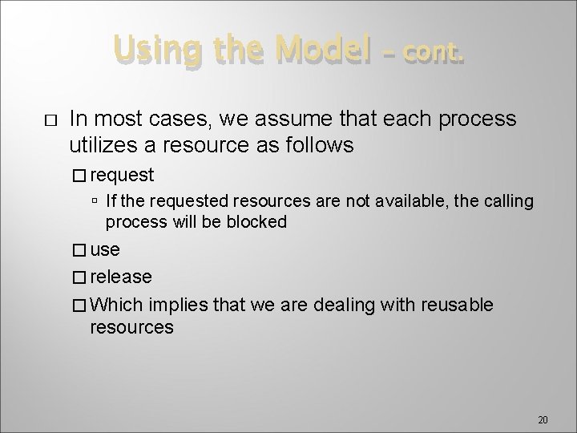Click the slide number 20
point(543,420)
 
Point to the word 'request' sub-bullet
point(123,175)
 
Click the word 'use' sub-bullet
point(105,250)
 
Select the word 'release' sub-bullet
point(121,277)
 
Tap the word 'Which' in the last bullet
point(116,306)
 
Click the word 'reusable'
point(456,306)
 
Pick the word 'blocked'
point(256,222)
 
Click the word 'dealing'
point(349,306)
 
